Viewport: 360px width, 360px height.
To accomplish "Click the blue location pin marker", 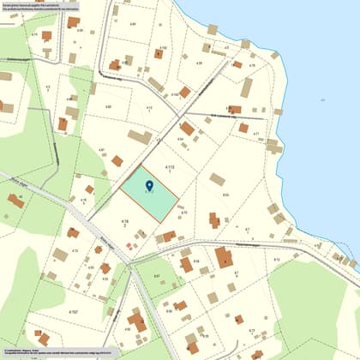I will [x=150, y=185].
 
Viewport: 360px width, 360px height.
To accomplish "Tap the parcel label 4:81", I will [x=101, y=151].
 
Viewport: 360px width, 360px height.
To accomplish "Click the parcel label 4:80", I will [x=108, y=106].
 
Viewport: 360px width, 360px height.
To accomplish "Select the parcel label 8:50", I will [x=225, y=195].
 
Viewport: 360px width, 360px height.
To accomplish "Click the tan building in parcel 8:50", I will [x=218, y=179].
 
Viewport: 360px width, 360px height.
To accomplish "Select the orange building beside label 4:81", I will [x=117, y=160].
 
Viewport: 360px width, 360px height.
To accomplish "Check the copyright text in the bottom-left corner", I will [x=51, y=352].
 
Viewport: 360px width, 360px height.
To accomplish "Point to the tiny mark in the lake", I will [x=322, y=99].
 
